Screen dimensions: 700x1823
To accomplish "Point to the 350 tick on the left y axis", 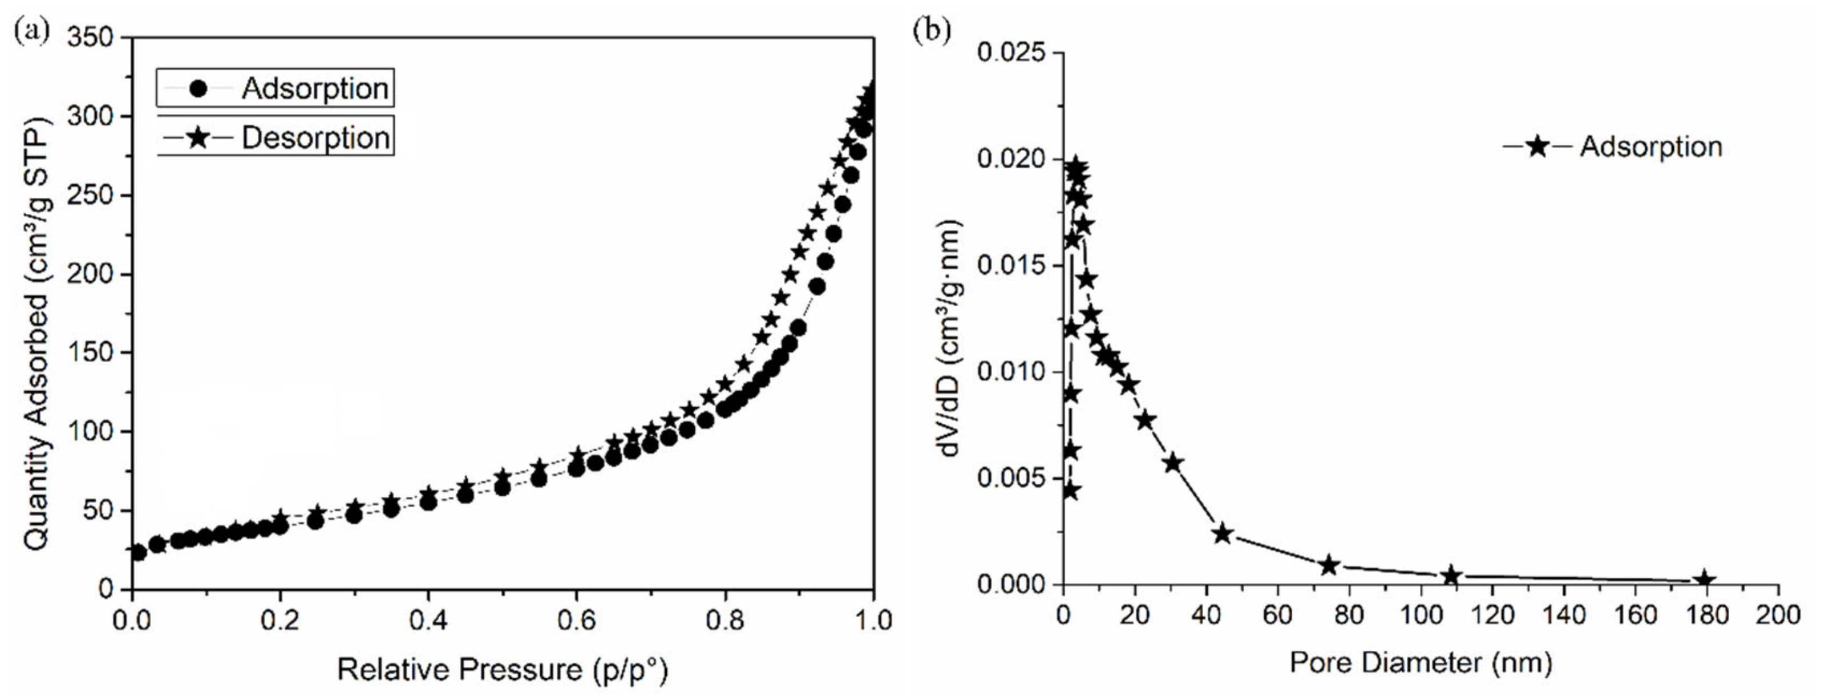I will click(x=90, y=38).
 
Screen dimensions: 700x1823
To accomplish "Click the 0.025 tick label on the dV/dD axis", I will click(x=1010, y=53).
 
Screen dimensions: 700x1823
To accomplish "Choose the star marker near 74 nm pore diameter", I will click(x=1328, y=566).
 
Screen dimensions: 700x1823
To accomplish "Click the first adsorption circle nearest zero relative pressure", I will click(x=139, y=552).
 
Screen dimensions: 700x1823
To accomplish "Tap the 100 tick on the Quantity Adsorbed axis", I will click(x=90, y=432).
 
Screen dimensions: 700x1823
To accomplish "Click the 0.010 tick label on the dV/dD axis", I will click(x=1010, y=372).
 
